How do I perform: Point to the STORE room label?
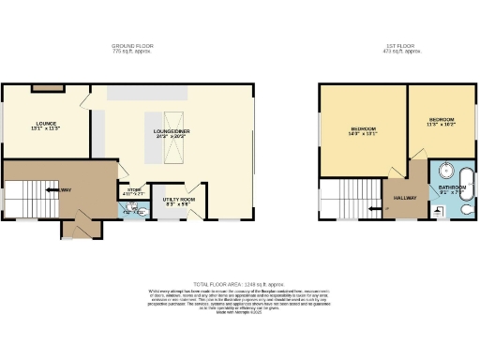coord(131,194)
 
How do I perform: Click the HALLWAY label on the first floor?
coord(404,199)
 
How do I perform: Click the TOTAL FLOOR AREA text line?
coord(239,283)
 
